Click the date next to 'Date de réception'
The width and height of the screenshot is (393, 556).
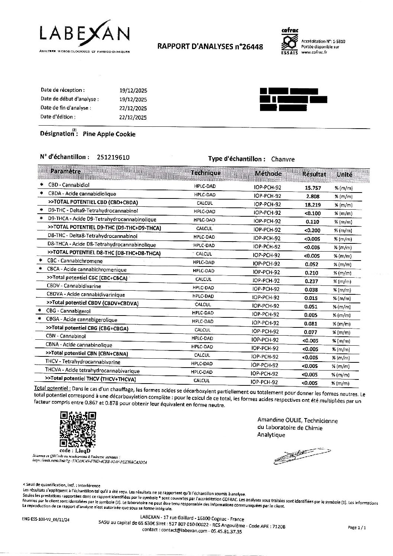(131, 91)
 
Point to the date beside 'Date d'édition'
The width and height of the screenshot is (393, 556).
(131, 117)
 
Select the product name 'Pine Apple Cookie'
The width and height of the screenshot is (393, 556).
(109, 134)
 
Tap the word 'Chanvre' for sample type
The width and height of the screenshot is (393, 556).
(283, 159)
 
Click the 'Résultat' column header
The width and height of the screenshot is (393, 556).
(314, 174)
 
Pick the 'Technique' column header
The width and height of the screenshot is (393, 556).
(205, 173)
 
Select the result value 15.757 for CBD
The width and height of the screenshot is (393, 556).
(312, 188)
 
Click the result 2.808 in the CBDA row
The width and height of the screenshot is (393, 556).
(312, 196)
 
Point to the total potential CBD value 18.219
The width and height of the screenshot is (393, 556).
(312, 205)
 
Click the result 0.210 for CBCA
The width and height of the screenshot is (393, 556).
(312, 273)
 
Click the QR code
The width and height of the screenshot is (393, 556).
(78, 429)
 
